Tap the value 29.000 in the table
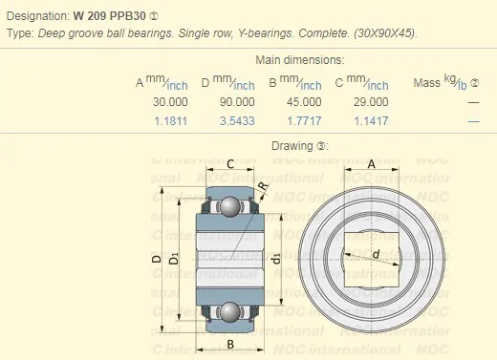click(371, 102)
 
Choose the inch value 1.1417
click(371, 120)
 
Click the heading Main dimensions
click(300, 60)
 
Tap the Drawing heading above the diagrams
click(300, 146)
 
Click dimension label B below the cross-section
click(230, 345)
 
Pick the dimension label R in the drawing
click(263, 184)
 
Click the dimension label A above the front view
click(372, 163)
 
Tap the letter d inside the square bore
click(376, 254)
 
